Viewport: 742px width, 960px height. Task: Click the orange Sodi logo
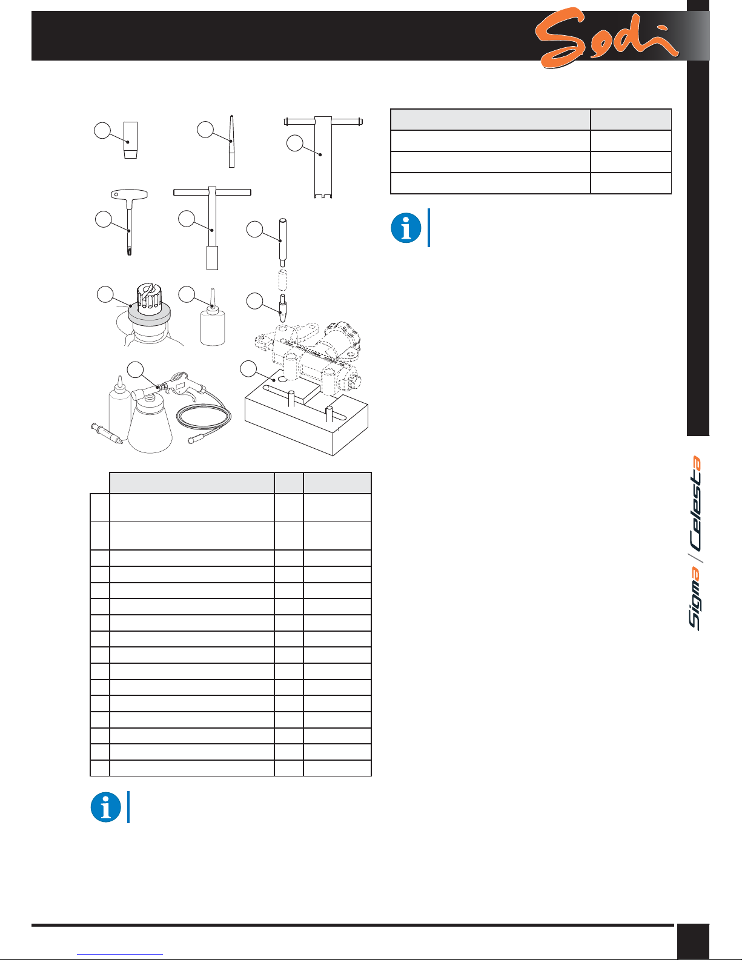click(605, 38)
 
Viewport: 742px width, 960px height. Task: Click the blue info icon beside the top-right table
click(406, 228)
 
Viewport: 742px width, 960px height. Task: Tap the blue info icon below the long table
click(105, 807)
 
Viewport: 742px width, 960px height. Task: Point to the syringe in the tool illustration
click(107, 434)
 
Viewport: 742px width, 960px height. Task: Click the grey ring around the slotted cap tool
click(149, 314)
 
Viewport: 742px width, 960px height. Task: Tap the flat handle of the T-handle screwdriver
click(129, 194)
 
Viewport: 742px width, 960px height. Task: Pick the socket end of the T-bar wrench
click(213, 258)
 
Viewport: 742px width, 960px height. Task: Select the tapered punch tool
click(231, 141)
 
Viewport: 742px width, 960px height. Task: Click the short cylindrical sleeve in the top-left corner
click(130, 140)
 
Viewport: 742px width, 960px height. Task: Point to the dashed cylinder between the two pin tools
click(283, 280)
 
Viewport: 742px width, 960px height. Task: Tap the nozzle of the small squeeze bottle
click(213, 299)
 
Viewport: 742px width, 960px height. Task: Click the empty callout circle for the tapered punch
click(205, 130)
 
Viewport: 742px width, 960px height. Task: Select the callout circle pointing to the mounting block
click(248, 369)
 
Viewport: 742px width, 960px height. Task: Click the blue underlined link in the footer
click(120, 955)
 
